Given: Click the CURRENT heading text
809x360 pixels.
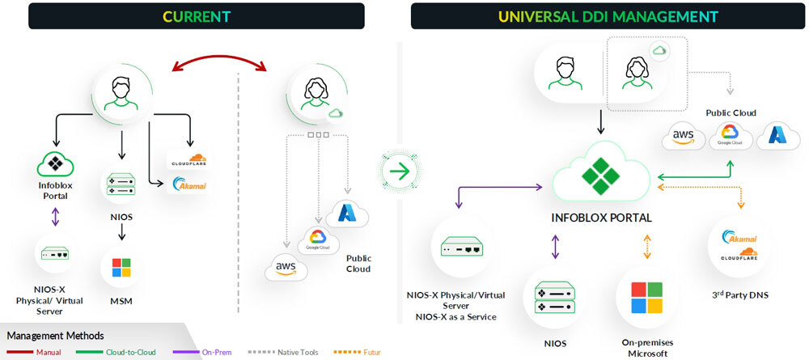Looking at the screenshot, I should (x=196, y=16).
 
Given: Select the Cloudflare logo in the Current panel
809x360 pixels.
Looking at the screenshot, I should (x=188, y=159).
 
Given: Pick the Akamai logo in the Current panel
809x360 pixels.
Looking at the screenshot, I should (x=188, y=185).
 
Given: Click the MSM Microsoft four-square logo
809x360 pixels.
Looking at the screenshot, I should (x=121, y=268).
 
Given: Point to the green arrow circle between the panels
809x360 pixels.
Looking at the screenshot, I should (x=397, y=171).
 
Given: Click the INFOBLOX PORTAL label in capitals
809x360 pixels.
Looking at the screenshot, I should (x=601, y=218).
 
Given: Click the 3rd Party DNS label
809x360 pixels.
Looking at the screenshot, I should (x=738, y=295).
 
